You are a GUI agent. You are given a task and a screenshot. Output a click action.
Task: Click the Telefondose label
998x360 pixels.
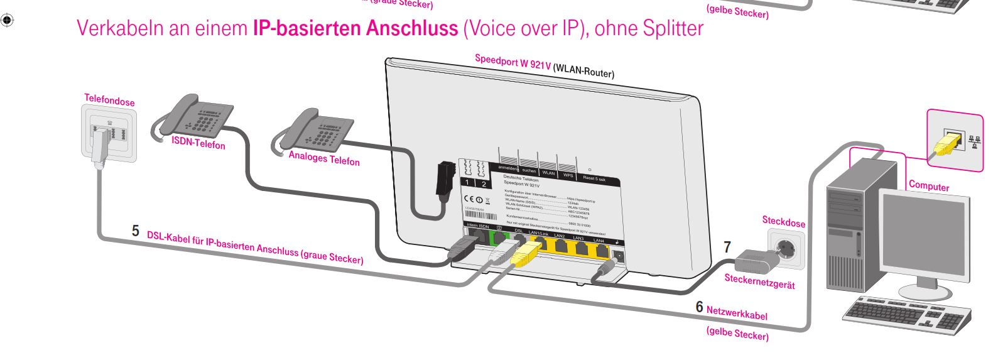[x=109, y=100]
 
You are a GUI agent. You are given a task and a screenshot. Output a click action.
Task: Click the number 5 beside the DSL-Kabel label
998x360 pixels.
[x=135, y=231]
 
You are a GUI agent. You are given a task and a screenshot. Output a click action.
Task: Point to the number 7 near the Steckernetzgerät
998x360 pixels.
[x=727, y=247]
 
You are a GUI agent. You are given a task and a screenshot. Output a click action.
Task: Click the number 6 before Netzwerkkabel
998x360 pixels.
[x=699, y=307]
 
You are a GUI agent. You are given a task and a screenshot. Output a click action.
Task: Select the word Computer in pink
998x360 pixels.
[x=929, y=186]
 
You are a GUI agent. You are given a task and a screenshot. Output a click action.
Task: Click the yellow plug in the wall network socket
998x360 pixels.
[x=944, y=145]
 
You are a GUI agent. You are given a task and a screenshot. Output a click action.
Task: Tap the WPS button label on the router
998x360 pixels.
[x=567, y=174]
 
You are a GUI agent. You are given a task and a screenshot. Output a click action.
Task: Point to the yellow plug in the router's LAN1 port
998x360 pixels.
[x=523, y=254]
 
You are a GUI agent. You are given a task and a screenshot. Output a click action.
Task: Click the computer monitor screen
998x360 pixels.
[x=923, y=238]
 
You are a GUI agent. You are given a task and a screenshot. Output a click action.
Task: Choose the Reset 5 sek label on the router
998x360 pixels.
[x=594, y=178]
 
